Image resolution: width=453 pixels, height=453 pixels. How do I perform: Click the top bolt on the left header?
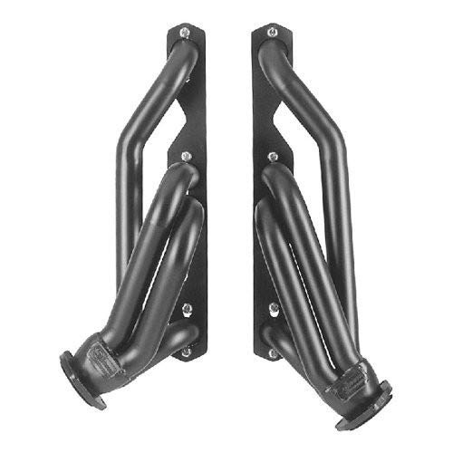coord(185,34)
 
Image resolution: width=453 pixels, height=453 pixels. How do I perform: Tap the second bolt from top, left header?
coord(186,158)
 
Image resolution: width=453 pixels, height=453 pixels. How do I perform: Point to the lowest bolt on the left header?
coord(186,352)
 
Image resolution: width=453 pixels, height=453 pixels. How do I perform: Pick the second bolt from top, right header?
coord(271,158)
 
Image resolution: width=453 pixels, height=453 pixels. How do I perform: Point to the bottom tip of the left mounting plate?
coord(190,359)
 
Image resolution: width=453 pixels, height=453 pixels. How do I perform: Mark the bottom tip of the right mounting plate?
coord(266,359)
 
